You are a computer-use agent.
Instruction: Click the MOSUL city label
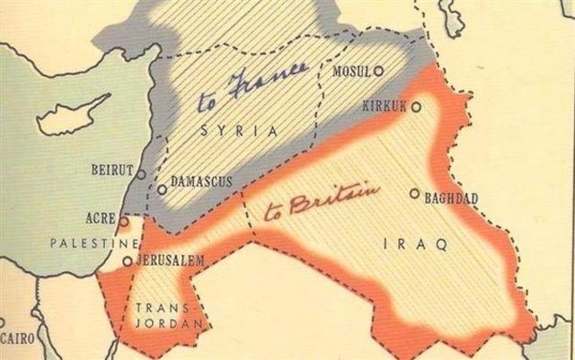point(352,71)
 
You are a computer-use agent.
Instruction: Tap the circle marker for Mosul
point(379,70)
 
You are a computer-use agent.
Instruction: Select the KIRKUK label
point(385,107)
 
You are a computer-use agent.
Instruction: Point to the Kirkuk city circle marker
point(416,106)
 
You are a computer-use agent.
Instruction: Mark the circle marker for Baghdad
point(414,193)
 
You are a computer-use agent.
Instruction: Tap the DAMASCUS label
point(201,182)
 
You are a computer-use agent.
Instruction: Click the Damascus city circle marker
point(162,189)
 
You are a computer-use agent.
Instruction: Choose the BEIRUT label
point(112,170)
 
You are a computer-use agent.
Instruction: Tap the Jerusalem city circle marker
point(128,262)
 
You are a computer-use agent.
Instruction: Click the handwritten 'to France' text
point(252,89)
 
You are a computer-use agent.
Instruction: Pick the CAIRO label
point(16,338)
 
